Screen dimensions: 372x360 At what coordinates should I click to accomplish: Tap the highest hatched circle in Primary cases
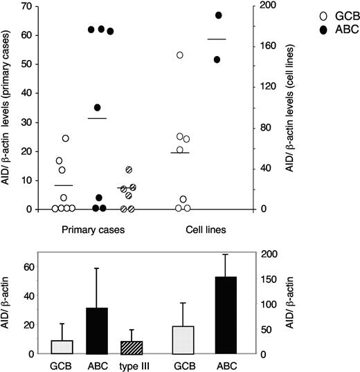coord(128,169)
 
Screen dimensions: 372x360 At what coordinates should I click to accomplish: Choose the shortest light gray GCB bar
coord(62,347)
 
